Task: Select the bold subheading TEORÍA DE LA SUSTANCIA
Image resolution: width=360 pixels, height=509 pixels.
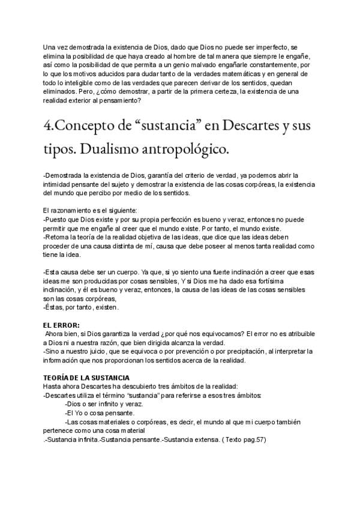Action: coord(86,377)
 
